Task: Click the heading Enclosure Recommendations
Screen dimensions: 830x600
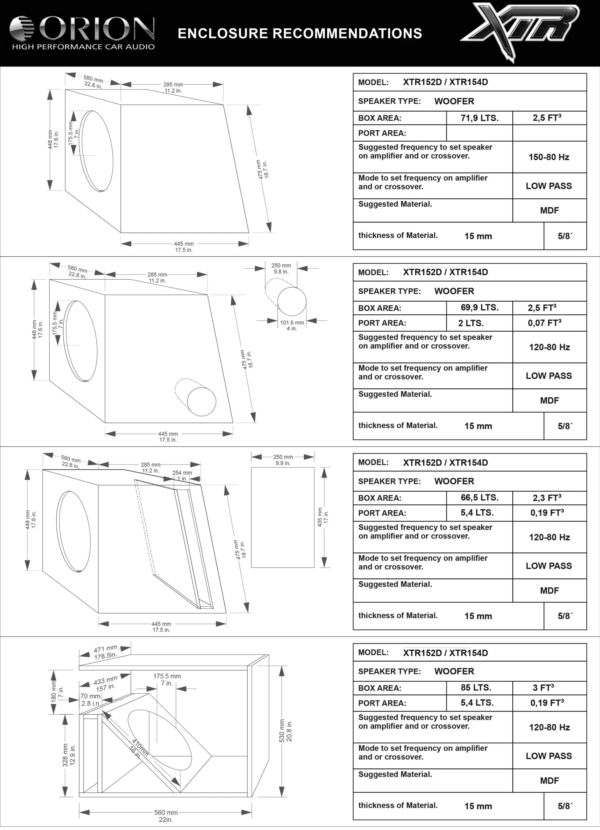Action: (300, 33)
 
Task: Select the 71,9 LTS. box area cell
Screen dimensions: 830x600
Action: (479, 118)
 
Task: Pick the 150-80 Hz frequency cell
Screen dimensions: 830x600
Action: (549, 157)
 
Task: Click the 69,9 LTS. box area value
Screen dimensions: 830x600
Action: (479, 308)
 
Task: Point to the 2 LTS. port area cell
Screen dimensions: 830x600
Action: (471, 323)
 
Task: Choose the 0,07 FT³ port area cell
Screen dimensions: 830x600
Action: (544, 323)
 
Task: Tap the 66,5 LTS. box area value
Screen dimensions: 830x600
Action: (479, 498)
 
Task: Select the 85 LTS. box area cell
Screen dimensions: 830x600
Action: (476, 688)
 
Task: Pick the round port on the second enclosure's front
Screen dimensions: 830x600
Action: (202, 402)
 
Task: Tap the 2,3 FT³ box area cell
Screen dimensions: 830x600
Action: (546, 498)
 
